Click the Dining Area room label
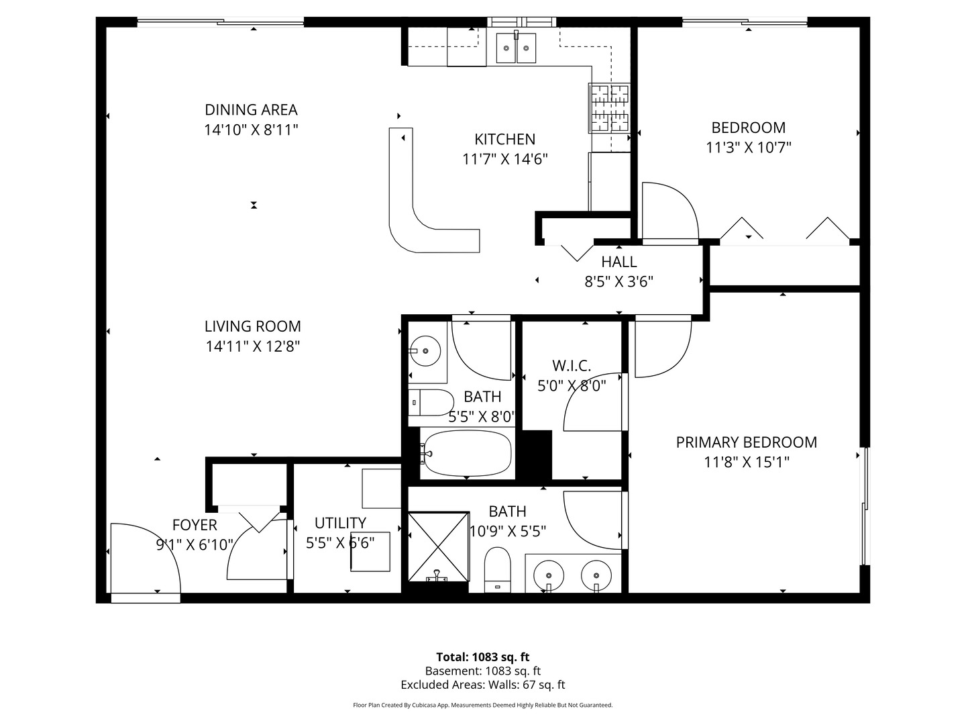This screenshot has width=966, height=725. point(251,109)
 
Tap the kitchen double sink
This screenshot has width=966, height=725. point(517,48)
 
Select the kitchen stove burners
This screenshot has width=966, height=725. point(610,107)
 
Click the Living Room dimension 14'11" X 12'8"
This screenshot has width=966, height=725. point(252,346)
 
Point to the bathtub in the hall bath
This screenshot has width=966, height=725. point(467,454)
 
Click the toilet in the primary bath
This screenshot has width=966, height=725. point(497,569)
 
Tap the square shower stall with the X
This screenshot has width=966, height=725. point(439,546)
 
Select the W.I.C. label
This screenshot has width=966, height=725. point(572,366)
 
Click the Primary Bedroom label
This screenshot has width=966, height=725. point(746,442)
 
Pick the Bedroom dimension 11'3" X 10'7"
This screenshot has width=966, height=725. point(749,148)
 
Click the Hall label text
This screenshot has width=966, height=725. point(619,262)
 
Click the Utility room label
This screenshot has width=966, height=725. point(340,523)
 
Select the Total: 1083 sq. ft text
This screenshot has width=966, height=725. point(482,657)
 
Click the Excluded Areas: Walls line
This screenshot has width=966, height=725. point(482,685)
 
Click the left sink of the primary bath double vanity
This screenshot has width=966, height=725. point(549,576)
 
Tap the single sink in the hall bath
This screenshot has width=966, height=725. point(426,350)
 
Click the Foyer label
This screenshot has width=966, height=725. point(195,525)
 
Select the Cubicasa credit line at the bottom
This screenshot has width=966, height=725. point(482,706)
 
